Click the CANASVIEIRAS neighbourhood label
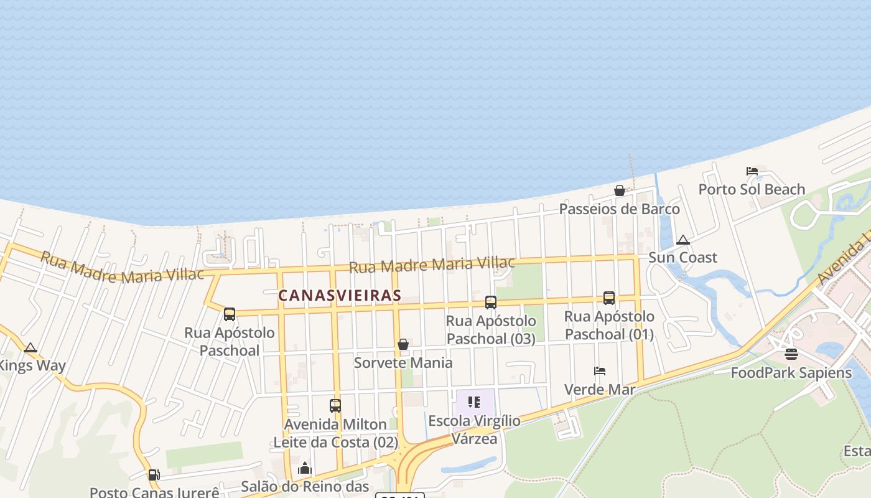[x=339, y=295]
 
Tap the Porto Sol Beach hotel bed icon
[x=752, y=171]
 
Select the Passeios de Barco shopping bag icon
[x=619, y=190]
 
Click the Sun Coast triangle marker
[x=683, y=240]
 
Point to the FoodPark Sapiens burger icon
[x=791, y=354]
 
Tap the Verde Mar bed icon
[x=599, y=371]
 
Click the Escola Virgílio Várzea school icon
[x=474, y=402]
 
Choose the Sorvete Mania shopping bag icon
[x=403, y=344]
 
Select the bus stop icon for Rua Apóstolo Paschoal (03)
[x=490, y=303]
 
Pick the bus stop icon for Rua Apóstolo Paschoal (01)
[x=608, y=298]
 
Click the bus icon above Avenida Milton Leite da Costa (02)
[x=335, y=406]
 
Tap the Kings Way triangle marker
[x=30, y=347]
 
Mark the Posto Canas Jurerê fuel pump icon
[x=154, y=475]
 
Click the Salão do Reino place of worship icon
[x=304, y=468]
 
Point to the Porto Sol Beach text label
[x=752, y=189]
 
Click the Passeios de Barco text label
[x=619, y=209]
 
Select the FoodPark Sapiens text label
[x=791, y=373]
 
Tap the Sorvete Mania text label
[x=403, y=362]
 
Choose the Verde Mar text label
[x=599, y=390]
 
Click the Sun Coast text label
[x=682, y=257]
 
